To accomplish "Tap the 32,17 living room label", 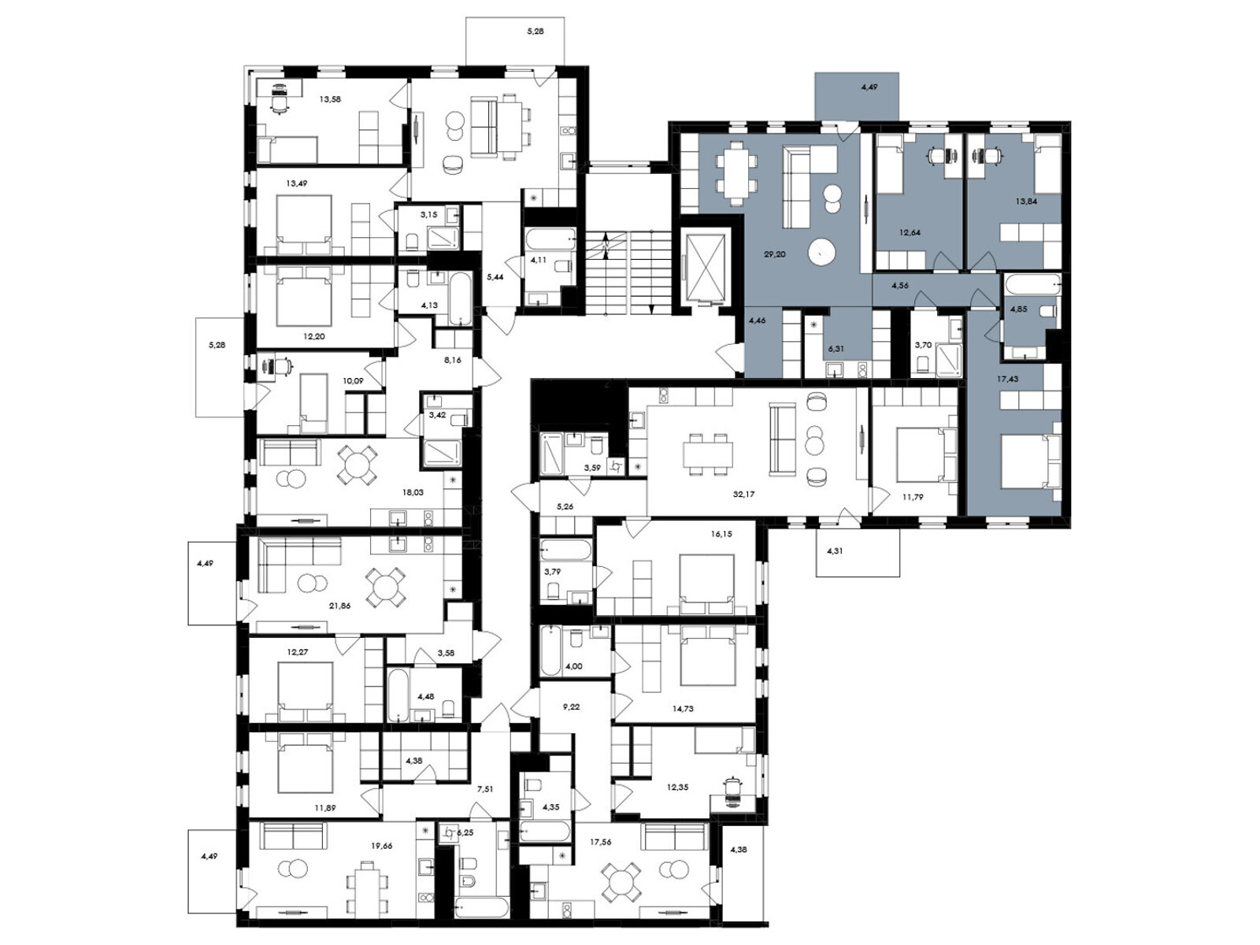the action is click(x=744, y=494).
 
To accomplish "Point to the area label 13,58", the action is click(x=330, y=98).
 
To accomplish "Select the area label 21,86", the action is click(x=339, y=605).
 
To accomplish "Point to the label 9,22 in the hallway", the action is click(x=571, y=707).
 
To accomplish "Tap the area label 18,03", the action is click(x=413, y=491).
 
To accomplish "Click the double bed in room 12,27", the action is click(x=305, y=691).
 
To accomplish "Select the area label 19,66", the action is click(x=382, y=845).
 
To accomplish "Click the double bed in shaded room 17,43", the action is click(x=1032, y=461).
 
